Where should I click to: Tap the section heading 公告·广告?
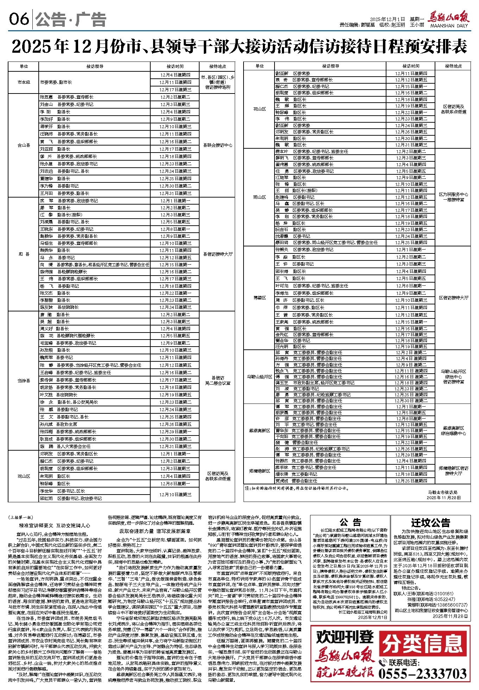[70, 19]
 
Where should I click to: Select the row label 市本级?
[24, 82]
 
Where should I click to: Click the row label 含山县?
[24, 145]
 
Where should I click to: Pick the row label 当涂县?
[24, 380]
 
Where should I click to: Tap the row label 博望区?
[259, 298]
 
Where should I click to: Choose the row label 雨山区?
[259, 197]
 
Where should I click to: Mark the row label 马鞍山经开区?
[259, 377]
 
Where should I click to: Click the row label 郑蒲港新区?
[259, 471]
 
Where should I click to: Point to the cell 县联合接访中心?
[218, 145]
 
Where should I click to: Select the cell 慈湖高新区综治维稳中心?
[453, 431]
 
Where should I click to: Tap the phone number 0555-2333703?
[422, 674]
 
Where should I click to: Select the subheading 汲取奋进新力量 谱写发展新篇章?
[155, 531]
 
